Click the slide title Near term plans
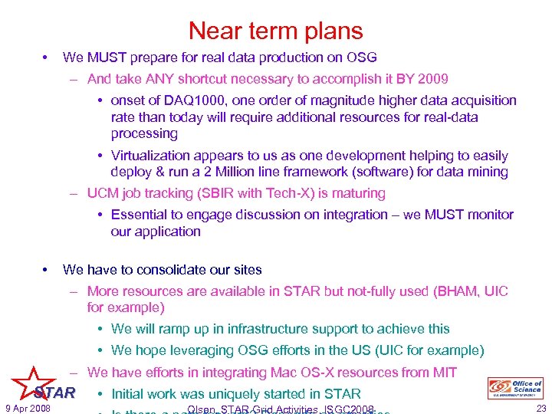[275, 31]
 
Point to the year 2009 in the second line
[433, 78]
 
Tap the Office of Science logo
[514, 388]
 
